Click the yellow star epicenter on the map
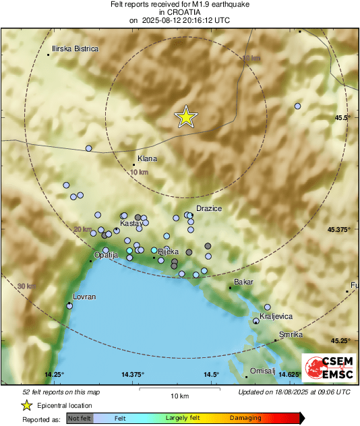(x=186, y=117)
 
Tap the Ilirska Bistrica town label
(x=76, y=49)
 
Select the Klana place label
(x=147, y=159)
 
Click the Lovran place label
(x=84, y=297)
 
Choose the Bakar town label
(x=243, y=282)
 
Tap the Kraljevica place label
(x=276, y=315)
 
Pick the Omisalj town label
(x=262, y=371)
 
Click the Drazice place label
(x=209, y=209)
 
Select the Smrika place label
(x=291, y=335)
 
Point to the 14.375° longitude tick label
(x=133, y=374)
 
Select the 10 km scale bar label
(x=178, y=395)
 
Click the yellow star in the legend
(x=26, y=405)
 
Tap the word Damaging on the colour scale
(x=245, y=418)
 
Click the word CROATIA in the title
(x=179, y=12)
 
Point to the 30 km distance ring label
(x=26, y=286)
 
